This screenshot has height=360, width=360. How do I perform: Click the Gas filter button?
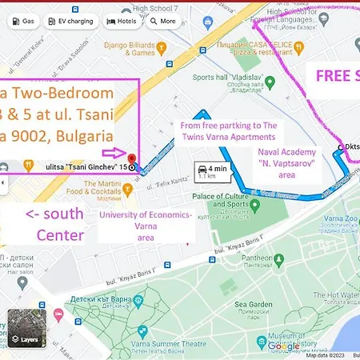click(x=22, y=22)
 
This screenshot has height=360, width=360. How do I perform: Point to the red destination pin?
click(x=131, y=158)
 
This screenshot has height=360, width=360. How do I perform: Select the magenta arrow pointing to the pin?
click(x=112, y=152)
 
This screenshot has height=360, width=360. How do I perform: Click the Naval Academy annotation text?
click(x=287, y=162)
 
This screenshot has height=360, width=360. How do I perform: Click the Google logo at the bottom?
click(x=284, y=346)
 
